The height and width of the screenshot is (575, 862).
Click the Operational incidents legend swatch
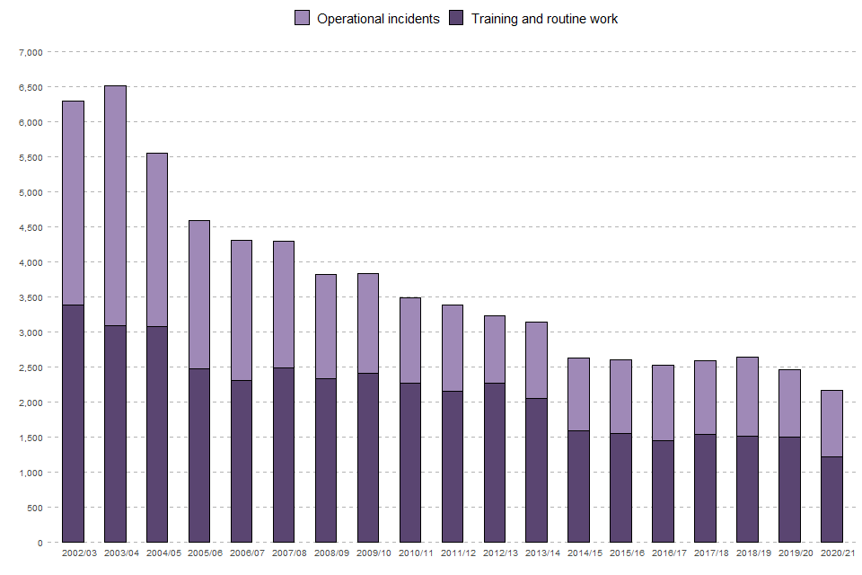(x=302, y=18)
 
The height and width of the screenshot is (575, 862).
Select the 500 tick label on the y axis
(x=34, y=508)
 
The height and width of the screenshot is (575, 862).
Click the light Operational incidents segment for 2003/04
(x=115, y=206)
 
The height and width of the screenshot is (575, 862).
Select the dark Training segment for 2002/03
(x=73, y=423)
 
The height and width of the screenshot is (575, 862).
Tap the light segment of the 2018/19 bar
(x=748, y=396)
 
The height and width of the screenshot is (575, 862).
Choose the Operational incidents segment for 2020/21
(x=831, y=423)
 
